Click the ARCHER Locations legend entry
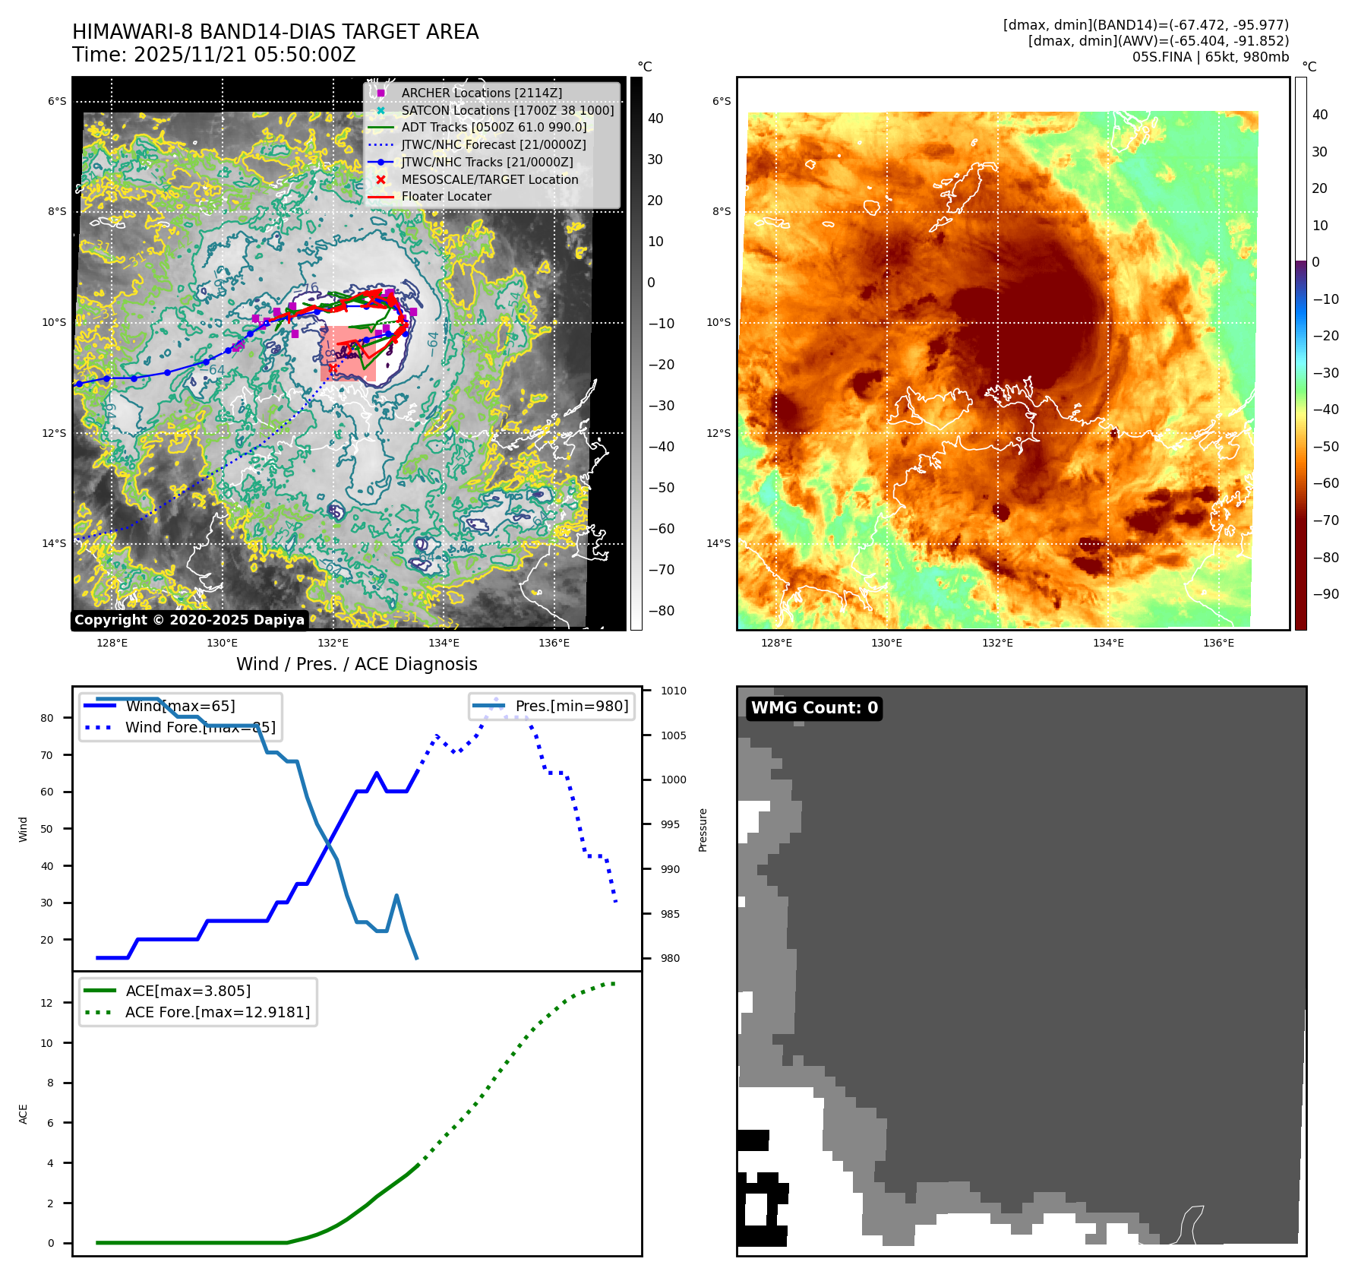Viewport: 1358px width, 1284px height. pos(482,93)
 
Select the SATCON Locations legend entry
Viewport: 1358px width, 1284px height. pos(507,110)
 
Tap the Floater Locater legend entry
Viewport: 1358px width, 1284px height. pos(446,196)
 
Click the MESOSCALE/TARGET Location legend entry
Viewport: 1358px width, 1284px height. pos(489,179)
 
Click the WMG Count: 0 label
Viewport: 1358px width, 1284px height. pos(814,708)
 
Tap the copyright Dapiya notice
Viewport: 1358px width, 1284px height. pos(189,620)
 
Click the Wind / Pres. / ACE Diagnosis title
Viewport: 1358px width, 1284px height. pos(356,664)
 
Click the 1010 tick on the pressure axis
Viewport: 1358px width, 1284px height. pos(673,691)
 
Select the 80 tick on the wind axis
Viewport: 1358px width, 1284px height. pos(47,718)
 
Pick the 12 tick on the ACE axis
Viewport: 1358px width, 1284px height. pos(47,1003)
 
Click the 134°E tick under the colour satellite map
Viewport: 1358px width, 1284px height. pos(1107,643)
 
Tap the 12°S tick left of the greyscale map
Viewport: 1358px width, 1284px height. pos(54,433)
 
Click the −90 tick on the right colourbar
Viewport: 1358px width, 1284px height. pos(1325,594)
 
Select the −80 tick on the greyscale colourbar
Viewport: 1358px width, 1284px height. pos(661,611)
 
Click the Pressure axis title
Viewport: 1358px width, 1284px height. pos(703,830)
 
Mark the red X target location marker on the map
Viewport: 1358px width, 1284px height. pos(333,368)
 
